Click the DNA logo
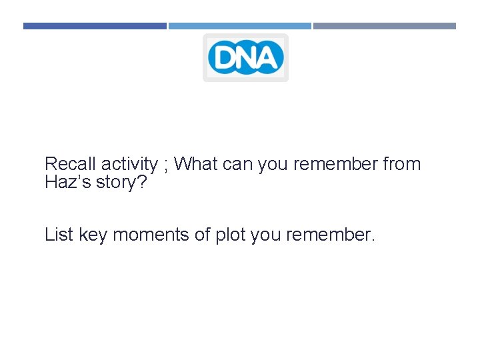[245, 57]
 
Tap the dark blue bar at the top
[95, 26]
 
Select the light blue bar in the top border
[239, 26]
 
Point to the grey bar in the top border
[385, 26]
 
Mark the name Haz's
[67, 182]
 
